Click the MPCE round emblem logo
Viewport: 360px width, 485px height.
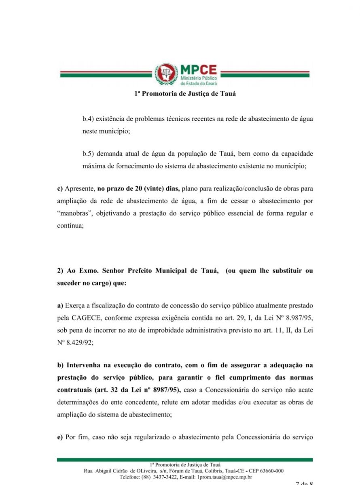[x=166, y=74]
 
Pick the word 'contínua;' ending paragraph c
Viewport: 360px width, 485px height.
[x=70, y=227]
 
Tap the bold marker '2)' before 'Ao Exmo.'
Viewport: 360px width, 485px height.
[x=60, y=270]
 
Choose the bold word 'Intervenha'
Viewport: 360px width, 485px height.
[x=83, y=365]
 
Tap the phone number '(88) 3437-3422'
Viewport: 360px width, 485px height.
[x=157, y=477]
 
